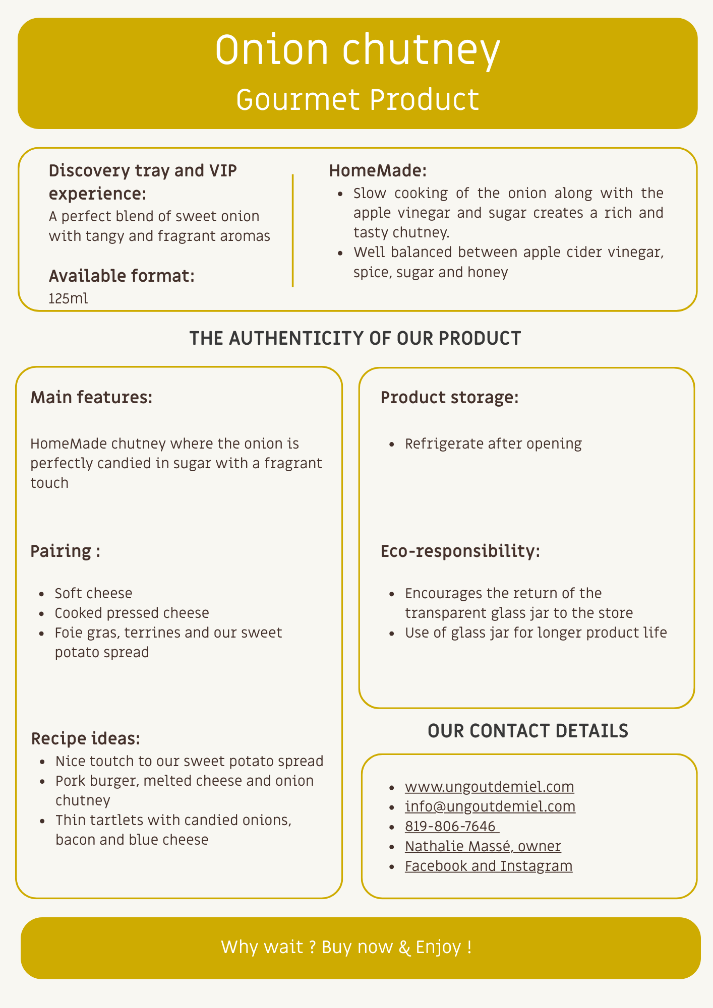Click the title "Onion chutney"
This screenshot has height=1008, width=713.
(358, 51)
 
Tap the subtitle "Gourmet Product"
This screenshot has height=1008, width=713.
(358, 100)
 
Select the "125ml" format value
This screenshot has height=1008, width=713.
(68, 298)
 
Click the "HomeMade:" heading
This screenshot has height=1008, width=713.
(378, 171)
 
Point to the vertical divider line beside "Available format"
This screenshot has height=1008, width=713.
(292, 230)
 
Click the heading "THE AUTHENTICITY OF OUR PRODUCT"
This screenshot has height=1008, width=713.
(355, 338)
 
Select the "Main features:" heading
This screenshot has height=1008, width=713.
(91, 398)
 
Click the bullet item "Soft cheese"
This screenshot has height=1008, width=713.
(93, 593)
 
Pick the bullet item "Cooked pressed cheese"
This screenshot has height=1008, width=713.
(132, 613)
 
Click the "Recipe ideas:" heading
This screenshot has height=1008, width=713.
(86, 739)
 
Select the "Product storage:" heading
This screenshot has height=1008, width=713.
(449, 398)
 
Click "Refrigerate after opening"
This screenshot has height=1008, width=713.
(493, 444)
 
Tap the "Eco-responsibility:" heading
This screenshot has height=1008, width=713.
(460, 551)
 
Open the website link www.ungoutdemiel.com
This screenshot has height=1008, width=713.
(489, 787)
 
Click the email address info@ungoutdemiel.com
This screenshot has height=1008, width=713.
(490, 806)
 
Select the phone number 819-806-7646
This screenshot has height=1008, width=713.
(451, 827)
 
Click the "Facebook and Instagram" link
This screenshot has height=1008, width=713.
(488, 866)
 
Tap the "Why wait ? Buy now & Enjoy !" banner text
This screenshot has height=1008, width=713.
(346, 947)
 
